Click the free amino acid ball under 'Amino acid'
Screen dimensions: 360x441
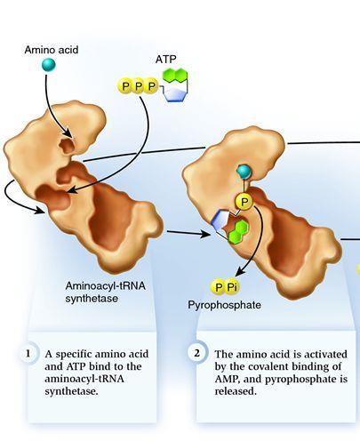[49, 65]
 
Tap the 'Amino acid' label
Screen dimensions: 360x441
[52, 50]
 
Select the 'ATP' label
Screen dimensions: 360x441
[165, 60]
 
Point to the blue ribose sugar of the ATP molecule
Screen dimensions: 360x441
[176, 94]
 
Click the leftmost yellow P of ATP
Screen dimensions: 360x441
[125, 86]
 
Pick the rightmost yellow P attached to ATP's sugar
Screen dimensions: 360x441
[151, 86]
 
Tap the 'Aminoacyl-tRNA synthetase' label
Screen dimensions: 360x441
[106, 293]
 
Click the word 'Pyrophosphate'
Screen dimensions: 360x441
[225, 305]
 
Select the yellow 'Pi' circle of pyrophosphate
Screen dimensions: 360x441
[232, 287]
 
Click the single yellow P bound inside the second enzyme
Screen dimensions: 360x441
[244, 202]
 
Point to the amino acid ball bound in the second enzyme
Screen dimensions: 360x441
[244, 172]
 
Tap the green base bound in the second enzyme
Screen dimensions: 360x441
[238, 232]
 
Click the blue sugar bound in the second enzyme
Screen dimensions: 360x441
[220, 220]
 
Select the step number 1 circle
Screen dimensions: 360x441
[28, 354]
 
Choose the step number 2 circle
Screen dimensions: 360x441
[197, 353]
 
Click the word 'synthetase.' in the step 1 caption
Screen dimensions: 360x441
[71, 391]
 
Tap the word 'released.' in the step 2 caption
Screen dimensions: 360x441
[236, 391]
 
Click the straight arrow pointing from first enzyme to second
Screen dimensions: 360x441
[188, 233]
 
